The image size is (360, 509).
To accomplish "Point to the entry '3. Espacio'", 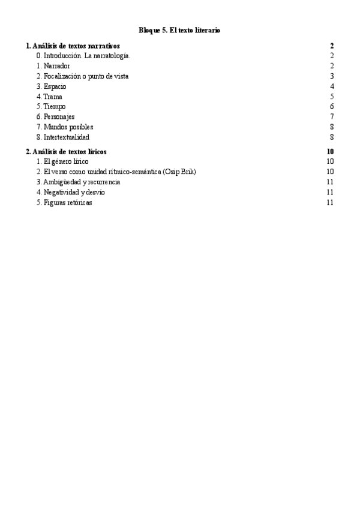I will click(x=51, y=86).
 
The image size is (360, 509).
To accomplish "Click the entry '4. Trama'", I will click(x=49, y=97).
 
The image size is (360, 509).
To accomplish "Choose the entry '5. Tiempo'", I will click(x=51, y=107).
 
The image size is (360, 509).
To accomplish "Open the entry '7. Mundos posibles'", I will click(x=64, y=127).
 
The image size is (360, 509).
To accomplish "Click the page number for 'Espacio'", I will click(x=332, y=86).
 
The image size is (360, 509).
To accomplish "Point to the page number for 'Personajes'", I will click(x=332, y=116).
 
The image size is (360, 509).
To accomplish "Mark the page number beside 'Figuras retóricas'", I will click(x=330, y=202).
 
